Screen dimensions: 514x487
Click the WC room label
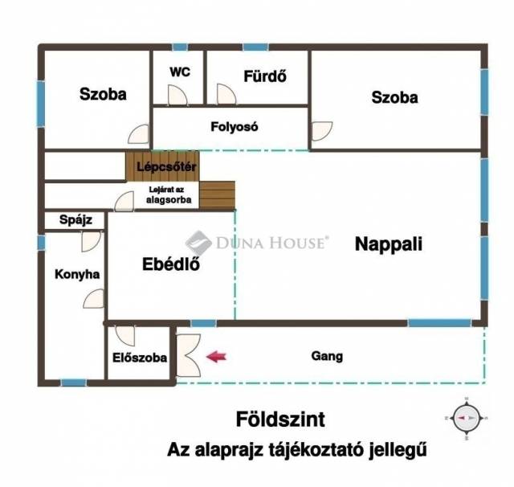click(180, 72)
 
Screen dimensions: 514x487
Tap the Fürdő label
click(265, 76)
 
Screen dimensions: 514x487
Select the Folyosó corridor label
click(235, 127)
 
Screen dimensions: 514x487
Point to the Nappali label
click(389, 244)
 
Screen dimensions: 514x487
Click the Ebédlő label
click(171, 264)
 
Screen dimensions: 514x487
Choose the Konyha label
click(77, 274)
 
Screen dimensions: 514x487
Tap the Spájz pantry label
click(75, 219)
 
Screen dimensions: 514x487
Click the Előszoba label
click(140, 358)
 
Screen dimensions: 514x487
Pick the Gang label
click(327, 356)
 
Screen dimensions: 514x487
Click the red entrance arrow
click(216, 357)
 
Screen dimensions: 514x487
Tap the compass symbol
click(467, 418)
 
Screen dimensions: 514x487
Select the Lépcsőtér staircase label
click(166, 166)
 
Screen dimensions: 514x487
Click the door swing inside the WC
click(177, 95)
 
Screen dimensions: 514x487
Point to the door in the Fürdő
click(226, 94)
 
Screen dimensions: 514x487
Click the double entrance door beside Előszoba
click(188, 355)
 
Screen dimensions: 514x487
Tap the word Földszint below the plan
click(280, 419)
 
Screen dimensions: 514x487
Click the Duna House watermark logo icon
click(198, 243)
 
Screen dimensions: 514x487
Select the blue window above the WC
click(180, 47)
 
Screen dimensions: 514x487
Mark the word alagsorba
click(169, 199)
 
